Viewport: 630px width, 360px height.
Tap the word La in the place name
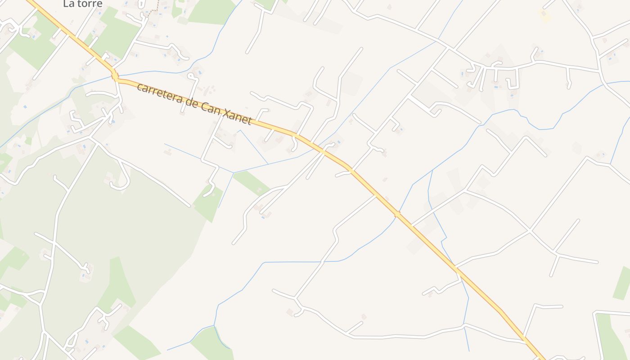[x=69, y=4]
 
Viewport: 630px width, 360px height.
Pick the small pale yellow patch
[x=544, y=16]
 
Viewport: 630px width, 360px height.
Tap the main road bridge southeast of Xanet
[x=398, y=214]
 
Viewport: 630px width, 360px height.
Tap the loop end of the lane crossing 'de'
[x=192, y=76]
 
